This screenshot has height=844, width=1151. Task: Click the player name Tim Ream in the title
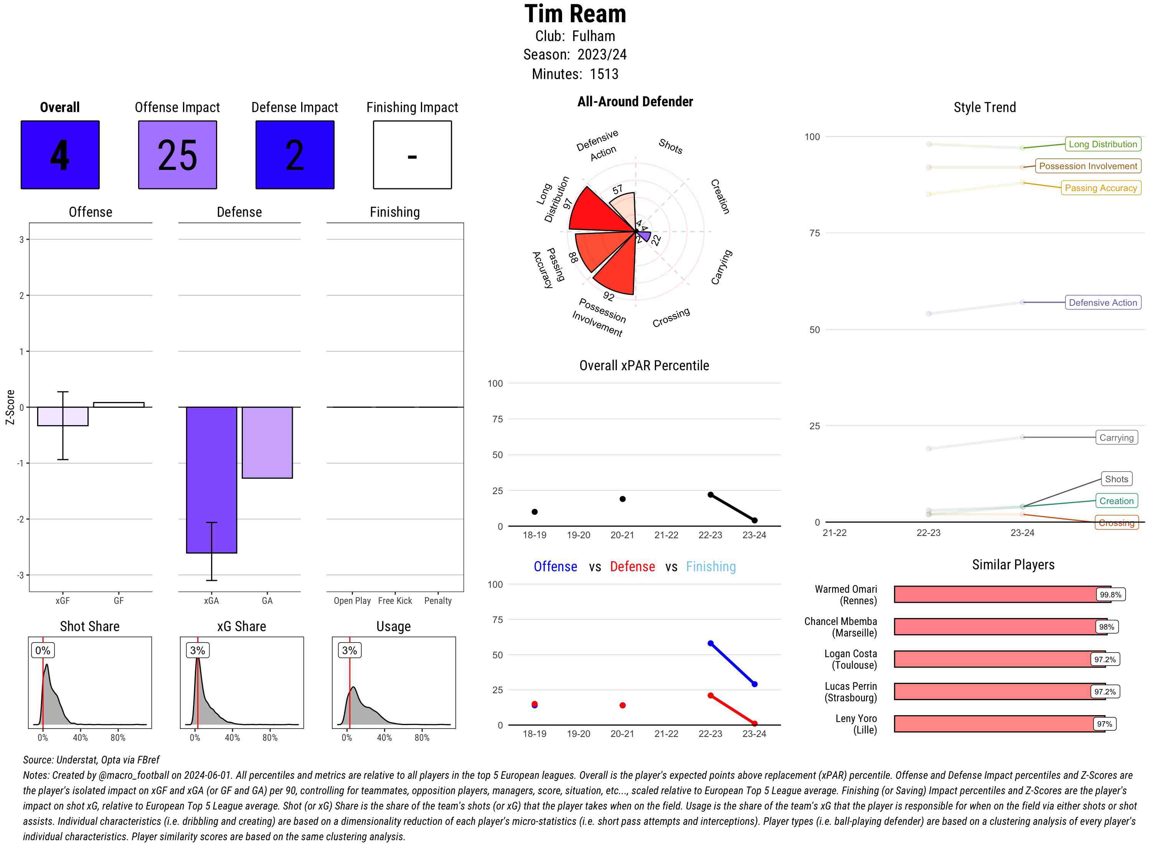coord(575,14)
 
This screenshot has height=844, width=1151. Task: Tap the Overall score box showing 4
coord(60,155)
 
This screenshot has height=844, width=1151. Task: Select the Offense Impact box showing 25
coord(177,155)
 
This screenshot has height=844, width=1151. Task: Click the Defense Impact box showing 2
coord(295,155)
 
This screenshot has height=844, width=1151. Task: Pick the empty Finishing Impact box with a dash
coord(412,155)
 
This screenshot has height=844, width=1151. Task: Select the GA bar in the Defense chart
coord(267,442)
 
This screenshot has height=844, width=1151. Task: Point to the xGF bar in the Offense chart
coord(63,416)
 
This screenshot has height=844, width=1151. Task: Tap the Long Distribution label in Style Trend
coord(1103,144)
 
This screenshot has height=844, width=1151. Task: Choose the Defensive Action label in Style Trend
coord(1103,302)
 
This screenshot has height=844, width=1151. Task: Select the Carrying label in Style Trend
coord(1116,437)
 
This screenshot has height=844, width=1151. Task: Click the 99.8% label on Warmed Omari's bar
coord(1110,595)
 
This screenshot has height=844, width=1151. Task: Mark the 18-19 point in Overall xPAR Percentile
coord(534,512)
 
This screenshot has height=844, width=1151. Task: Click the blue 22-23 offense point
coord(710,643)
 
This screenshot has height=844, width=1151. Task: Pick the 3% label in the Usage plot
coord(350,650)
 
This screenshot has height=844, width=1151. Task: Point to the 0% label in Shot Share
coord(43,650)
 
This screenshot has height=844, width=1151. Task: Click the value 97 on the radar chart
coord(567,204)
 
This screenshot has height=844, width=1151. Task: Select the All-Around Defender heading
coord(635,102)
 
